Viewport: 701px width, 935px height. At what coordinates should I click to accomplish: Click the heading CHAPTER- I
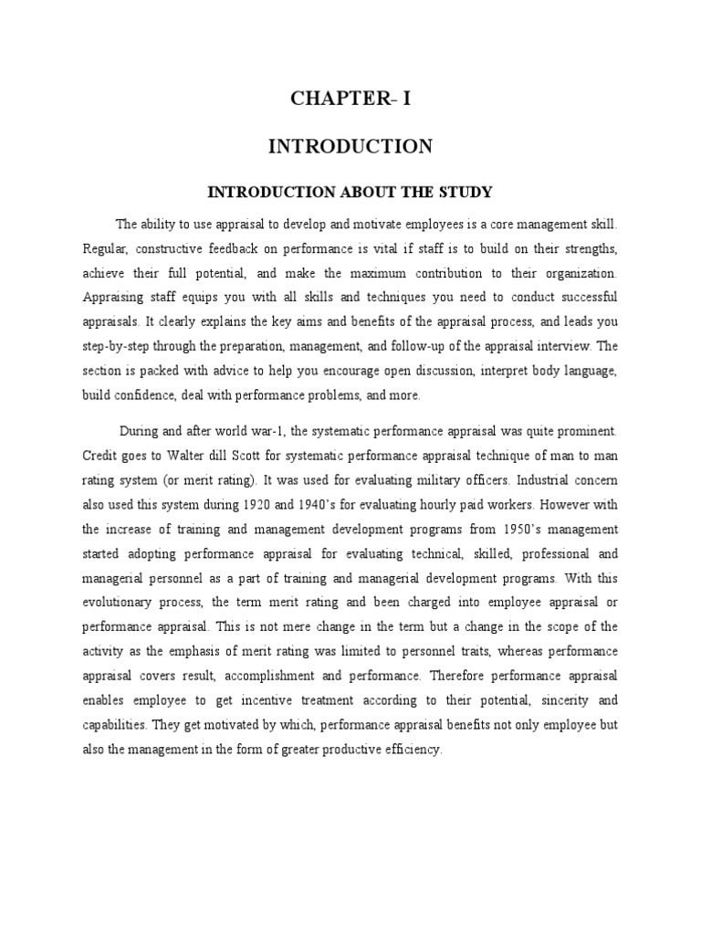click(350, 100)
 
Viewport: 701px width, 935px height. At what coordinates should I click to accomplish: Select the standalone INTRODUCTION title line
click(350, 146)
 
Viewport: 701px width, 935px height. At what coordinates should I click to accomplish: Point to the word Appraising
click(115, 298)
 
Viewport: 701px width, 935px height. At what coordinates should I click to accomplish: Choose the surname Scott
click(265, 456)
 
